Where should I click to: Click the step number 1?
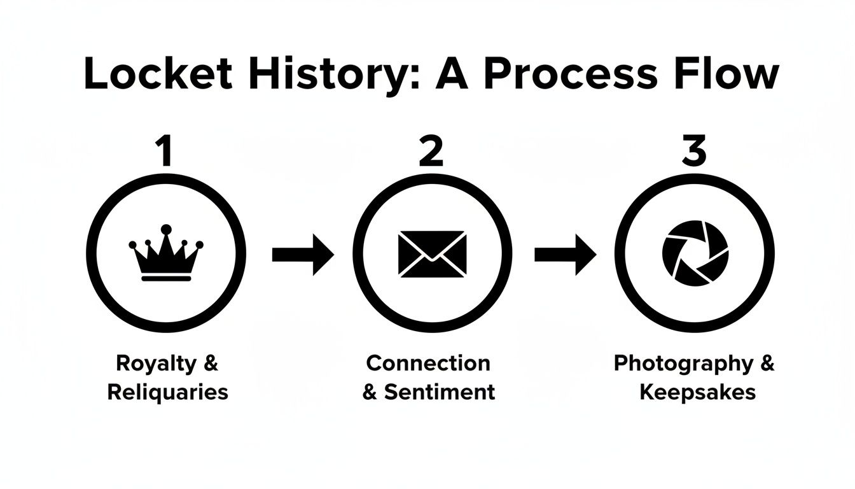pyautogui.click(x=165, y=152)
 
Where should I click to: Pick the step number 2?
pyautogui.click(x=431, y=152)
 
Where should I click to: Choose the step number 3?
pyautogui.click(x=693, y=152)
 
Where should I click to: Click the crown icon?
pyautogui.click(x=166, y=253)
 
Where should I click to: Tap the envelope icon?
pyautogui.click(x=432, y=253)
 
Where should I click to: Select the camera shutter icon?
pyautogui.click(x=695, y=253)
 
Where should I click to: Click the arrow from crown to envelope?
pyautogui.click(x=303, y=254)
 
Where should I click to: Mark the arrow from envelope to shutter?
pyautogui.click(x=565, y=254)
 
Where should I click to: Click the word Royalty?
pyautogui.click(x=156, y=364)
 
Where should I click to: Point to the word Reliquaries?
pyautogui.click(x=167, y=392)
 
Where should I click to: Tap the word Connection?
pyautogui.click(x=428, y=364)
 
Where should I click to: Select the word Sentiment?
pyautogui.click(x=439, y=392)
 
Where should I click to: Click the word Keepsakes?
pyautogui.click(x=697, y=392)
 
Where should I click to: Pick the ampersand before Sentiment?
pyautogui.click(x=370, y=392)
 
